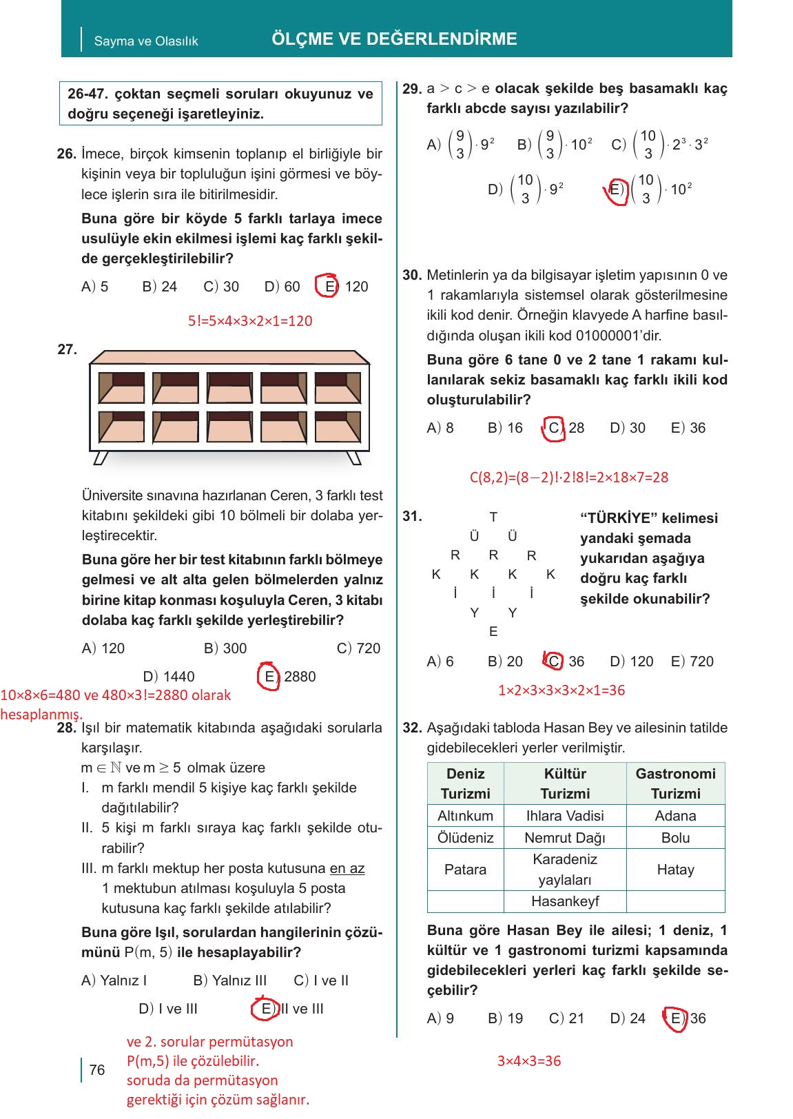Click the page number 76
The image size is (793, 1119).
pyautogui.click(x=97, y=1069)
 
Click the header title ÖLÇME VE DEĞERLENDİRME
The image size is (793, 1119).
pyautogui.click(x=394, y=39)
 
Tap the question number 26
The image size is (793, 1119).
pyautogui.click(x=66, y=154)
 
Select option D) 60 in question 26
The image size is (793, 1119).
pyautogui.click(x=282, y=287)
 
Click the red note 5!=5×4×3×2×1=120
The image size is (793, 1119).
pyautogui.click(x=250, y=320)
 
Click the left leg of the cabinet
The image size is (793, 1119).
pyautogui.click(x=101, y=458)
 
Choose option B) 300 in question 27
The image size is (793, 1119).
pyautogui.click(x=225, y=648)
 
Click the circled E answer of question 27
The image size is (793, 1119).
pyautogui.click(x=269, y=676)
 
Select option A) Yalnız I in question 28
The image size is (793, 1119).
pyautogui.click(x=114, y=981)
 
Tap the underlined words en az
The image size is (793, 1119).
pyautogui.click(x=347, y=868)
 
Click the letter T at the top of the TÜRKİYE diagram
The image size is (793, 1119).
pyautogui.click(x=493, y=517)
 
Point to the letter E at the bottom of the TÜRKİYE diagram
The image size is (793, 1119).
pyautogui.click(x=493, y=631)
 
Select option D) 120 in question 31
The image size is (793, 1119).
pyautogui.click(x=631, y=661)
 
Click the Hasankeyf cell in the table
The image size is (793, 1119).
pyautogui.click(x=565, y=901)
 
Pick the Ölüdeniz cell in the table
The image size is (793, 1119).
pyautogui.click(x=466, y=838)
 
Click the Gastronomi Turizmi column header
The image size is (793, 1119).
pyautogui.click(x=675, y=783)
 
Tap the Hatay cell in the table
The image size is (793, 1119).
pyautogui.click(x=675, y=870)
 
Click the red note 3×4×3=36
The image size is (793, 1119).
pyautogui.click(x=529, y=1061)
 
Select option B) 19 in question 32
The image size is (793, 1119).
pyautogui.click(x=505, y=1018)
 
